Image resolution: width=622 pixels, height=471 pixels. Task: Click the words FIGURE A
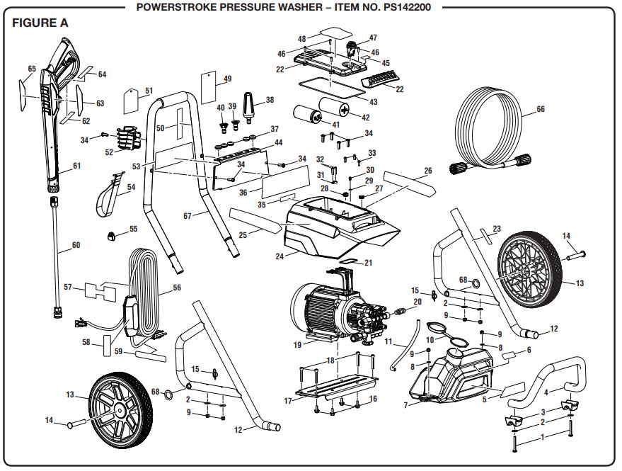click(x=40, y=23)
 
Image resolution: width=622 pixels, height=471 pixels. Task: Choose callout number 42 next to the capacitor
click(x=365, y=118)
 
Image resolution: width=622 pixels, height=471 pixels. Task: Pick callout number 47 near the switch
click(x=373, y=38)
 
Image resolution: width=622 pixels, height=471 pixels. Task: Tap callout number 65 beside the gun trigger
click(x=31, y=69)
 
